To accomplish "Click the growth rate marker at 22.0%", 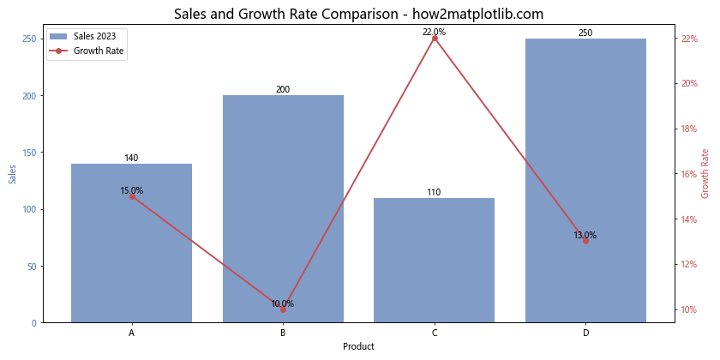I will pyautogui.click(x=435, y=39).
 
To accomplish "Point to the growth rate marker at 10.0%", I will pyautogui.click(x=283, y=309).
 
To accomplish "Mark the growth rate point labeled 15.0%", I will pyautogui.click(x=132, y=196).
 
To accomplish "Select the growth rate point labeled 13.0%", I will pyautogui.click(x=585, y=241).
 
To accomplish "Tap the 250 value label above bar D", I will pyautogui.click(x=585, y=33).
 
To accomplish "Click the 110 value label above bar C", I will pyautogui.click(x=434, y=193).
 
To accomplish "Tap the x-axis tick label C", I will pyautogui.click(x=435, y=333).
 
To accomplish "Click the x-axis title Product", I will pyautogui.click(x=358, y=347).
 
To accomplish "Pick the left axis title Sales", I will pyautogui.click(x=12, y=175).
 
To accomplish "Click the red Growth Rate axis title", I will pyautogui.click(x=705, y=174).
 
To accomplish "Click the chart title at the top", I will pyautogui.click(x=358, y=14).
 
